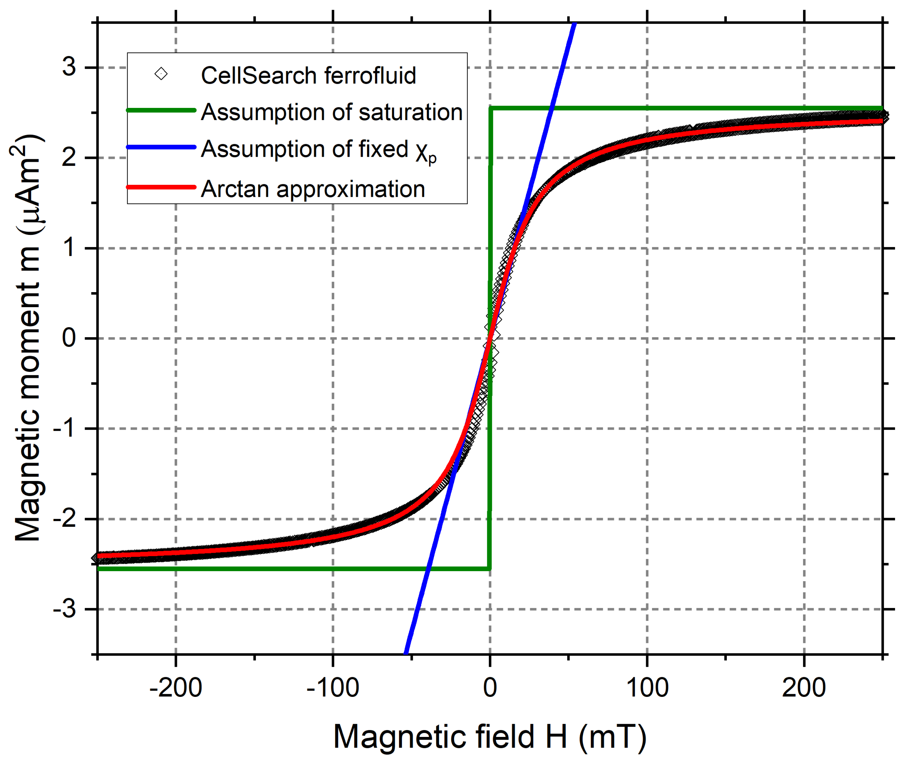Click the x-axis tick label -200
pos(175,688)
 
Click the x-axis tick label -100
pos(333,688)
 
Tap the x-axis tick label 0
pos(490,688)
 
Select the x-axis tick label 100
pos(647,688)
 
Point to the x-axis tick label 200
pos(804,688)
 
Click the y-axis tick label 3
pos(69,67)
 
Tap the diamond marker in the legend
pos(161,74)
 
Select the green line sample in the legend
pos(161,110)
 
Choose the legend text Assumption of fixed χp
pos(318,150)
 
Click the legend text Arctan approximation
pos(313,189)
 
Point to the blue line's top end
pos(575,24)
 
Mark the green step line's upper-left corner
pos(490,108)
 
